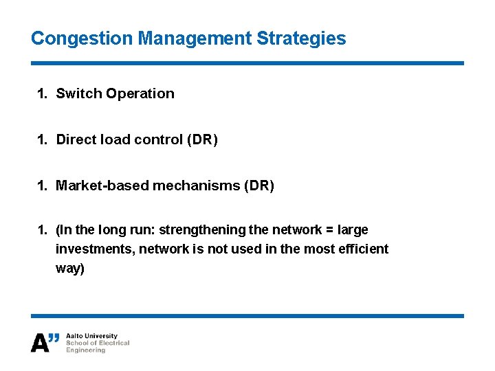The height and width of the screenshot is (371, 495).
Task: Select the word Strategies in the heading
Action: [301, 38]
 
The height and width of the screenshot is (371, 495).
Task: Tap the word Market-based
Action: [98, 185]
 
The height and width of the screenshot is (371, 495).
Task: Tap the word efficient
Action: [364, 249]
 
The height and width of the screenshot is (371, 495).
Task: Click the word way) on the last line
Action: [70, 268]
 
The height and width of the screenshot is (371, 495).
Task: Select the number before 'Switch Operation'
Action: [42, 93]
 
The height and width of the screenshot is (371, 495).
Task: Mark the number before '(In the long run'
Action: [42, 229]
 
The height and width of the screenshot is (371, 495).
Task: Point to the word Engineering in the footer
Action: [86, 350]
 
